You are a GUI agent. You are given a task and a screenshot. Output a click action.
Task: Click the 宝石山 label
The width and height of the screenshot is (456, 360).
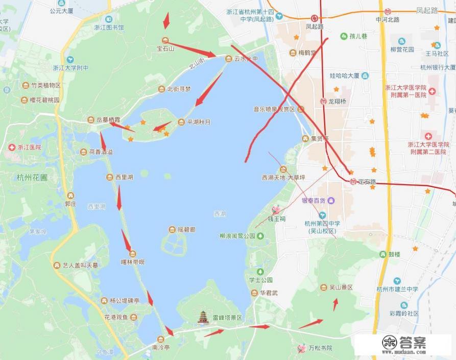coord(165,49)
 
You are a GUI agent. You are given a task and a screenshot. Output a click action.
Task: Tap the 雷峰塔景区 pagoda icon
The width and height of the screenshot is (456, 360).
coord(204,317)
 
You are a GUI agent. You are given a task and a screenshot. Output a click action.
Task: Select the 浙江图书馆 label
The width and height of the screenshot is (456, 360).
coord(109,27)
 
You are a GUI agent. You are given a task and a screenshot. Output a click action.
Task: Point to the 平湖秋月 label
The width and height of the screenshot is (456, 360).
coord(199,122)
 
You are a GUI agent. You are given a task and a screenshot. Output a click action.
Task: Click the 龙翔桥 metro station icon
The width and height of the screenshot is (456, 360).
coord(323,101)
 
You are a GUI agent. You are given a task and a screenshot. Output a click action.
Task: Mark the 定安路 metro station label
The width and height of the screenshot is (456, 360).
coord(367,181)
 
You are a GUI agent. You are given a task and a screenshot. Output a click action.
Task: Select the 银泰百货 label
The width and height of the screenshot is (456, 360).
coord(314,200)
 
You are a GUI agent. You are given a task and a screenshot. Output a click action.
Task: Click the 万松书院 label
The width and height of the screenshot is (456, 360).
coord(320,348)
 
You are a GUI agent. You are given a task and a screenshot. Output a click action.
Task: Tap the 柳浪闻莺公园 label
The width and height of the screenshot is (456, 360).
coord(237,236)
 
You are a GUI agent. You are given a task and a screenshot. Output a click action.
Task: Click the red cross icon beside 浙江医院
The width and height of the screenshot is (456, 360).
coord(11,147)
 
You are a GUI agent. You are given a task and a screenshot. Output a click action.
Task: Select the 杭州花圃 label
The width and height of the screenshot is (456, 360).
coord(32,178)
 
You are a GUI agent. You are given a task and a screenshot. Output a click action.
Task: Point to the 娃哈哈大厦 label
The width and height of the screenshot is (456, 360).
coord(344,76)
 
